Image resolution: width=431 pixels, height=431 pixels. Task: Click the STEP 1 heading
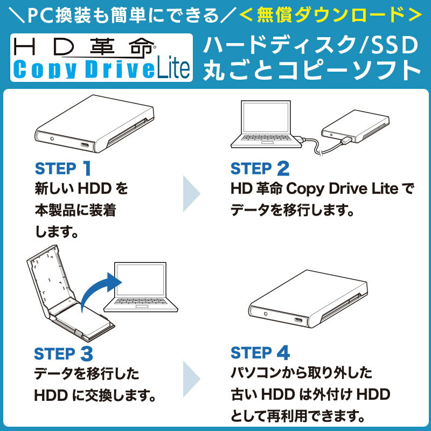pos(63,168)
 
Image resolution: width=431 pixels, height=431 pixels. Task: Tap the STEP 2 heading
pos(260,168)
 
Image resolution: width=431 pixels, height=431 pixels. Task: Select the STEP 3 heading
pos(64,353)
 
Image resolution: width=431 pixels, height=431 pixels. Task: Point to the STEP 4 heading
pos(260,353)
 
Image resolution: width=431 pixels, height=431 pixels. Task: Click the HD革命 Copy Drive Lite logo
pos(101,58)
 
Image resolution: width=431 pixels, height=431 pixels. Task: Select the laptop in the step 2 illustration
pos(266,124)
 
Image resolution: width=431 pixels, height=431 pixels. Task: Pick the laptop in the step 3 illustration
pos(141,287)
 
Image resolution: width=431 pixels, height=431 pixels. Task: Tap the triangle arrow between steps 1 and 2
pos(191,193)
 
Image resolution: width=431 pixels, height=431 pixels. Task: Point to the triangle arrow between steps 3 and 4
pos(191,379)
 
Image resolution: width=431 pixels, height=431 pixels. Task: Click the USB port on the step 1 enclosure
pos(85,145)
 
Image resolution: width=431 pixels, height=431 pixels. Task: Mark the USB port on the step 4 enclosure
pos(298,320)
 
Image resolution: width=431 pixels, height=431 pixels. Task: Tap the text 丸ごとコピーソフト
pos(312,70)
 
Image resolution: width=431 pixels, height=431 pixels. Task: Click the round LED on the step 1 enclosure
pos(52,138)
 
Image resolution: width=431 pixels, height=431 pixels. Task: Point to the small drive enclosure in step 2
pos(356,126)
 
